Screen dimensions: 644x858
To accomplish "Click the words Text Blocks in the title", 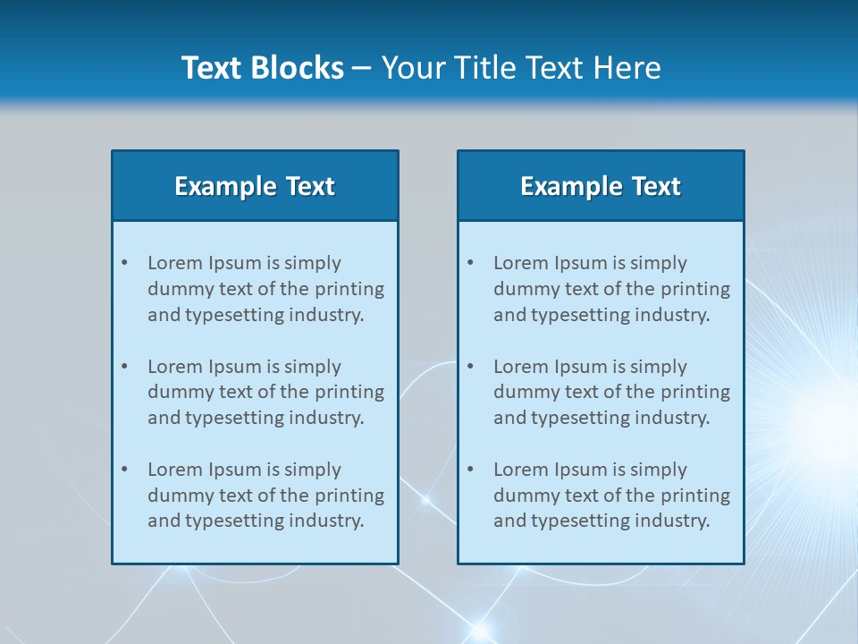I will pos(262,68).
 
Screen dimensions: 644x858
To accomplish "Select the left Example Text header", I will pos(255,186).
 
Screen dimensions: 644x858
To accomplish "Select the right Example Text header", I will pos(601,186).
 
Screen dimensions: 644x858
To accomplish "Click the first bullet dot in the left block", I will pos(125,263).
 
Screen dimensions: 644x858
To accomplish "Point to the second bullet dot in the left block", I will pos(125,367).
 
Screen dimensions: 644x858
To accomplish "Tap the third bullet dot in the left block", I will pos(125,470).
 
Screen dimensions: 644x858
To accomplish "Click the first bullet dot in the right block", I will pos(471,263).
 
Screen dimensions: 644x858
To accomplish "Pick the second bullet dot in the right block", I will pos(471,367).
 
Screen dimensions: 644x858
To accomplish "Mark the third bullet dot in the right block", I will pos(471,470).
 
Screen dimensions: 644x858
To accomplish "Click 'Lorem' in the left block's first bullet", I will pos(175,263).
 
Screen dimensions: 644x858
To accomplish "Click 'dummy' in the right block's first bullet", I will pos(524,289).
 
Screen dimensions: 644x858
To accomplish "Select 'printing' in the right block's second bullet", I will pos(697,392).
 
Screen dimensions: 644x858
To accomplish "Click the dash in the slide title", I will pos(362,68).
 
